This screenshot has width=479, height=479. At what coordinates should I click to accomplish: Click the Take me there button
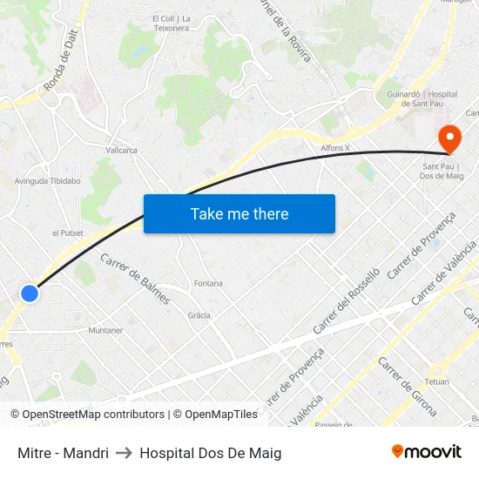(239, 213)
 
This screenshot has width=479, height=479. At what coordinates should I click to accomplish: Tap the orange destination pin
(449, 138)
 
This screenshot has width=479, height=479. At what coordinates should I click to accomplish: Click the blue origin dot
(30, 293)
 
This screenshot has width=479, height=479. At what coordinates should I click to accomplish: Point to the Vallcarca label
(122, 150)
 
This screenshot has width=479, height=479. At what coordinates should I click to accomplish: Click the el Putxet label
(66, 233)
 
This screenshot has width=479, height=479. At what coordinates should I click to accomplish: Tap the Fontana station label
(208, 283)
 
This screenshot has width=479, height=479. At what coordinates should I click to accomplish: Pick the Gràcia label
(199, 315)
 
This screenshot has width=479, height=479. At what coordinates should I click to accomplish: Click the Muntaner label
(105, 330)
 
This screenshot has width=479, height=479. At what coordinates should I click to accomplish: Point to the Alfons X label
(335, 148)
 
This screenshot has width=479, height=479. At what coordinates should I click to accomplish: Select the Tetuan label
(436, 381)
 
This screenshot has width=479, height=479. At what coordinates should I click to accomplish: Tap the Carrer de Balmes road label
(135, 279)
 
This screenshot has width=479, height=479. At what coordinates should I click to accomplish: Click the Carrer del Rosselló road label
(347, 300)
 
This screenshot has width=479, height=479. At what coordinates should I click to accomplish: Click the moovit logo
(426, 452)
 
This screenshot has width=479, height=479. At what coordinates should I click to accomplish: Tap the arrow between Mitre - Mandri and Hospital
(124, 453)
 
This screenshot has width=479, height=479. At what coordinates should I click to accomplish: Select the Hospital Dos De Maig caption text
(210, 453)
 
